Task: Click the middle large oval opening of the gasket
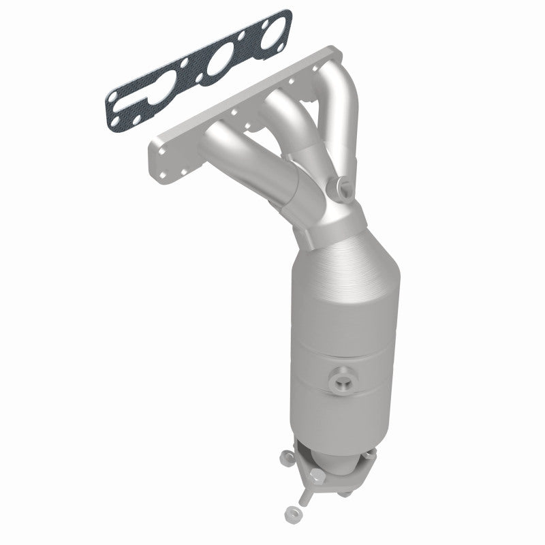219,66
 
